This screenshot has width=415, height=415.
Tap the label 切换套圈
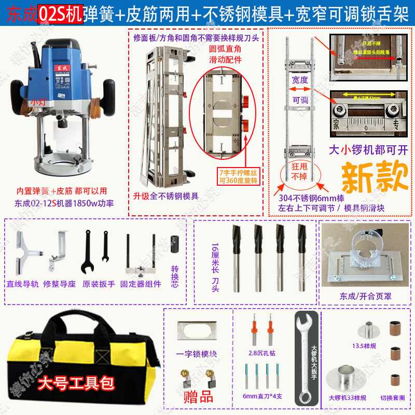click(393, 398)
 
